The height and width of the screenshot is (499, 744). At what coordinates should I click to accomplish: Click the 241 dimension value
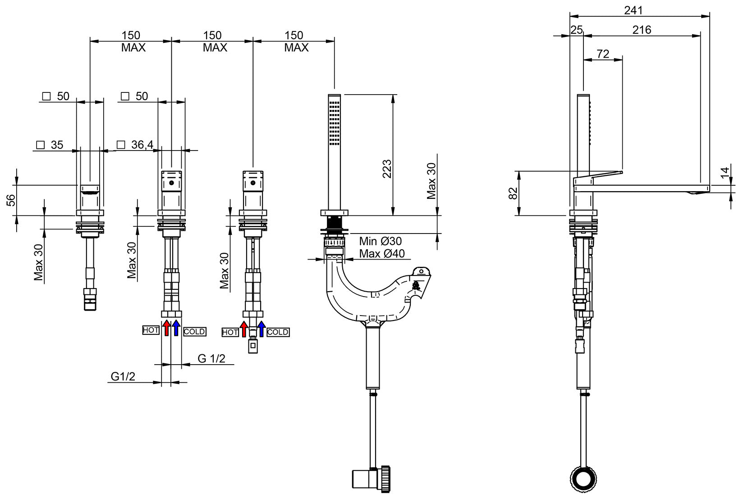(634, 10)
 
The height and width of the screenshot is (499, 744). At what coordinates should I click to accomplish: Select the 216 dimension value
(642, 30)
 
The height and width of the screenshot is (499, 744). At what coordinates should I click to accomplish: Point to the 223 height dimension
(387, 169)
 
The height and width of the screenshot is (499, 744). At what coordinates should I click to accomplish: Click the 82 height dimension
(513, 193)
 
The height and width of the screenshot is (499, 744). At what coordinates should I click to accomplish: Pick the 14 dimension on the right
(724, 173)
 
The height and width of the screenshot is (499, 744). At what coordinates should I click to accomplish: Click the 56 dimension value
(11, 200)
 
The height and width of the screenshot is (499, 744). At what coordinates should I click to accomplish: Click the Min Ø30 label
(380, 241)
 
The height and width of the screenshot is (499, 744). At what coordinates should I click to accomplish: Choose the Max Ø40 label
(381, 254)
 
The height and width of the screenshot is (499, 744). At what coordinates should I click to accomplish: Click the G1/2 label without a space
(123, 376)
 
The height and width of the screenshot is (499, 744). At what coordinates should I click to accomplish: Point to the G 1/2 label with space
(211, 359)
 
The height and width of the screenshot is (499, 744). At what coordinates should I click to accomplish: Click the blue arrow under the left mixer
(176, 328)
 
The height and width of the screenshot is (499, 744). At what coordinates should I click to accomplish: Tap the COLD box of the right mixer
(278, 332)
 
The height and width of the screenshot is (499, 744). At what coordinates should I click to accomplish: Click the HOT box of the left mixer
(151, 330)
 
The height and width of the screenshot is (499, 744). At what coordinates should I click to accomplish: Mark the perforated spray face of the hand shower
(335, 123)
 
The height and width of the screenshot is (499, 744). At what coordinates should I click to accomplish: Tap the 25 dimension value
(577, 30)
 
